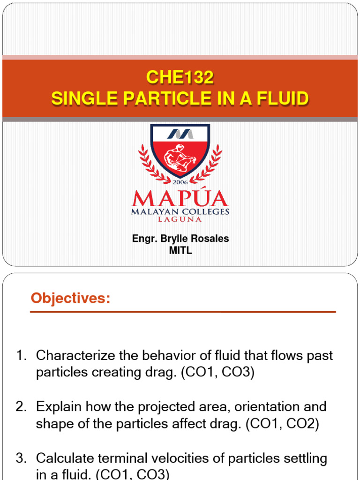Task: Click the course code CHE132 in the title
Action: tap(180, 78)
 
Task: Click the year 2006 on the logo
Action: tap(180, 182)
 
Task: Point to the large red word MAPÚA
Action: tap(180, 199)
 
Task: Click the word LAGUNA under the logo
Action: tap(180, 219)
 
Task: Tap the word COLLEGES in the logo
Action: tap(206, 212)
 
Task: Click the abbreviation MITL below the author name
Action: tap(180, 250)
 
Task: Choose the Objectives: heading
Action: tap(71, 298)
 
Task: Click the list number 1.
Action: tap(21, 355)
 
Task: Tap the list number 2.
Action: tap(21, 406)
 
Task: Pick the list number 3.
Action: tap(21, 457)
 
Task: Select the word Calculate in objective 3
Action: tap(64, 457)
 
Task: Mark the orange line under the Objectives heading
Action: tap(183, 312)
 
